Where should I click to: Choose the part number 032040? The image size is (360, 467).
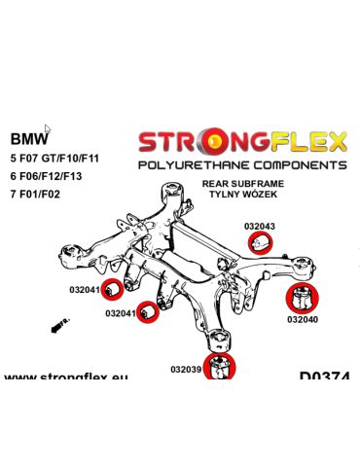pos(304,318)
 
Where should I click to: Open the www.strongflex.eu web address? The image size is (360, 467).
pos(65,376)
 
